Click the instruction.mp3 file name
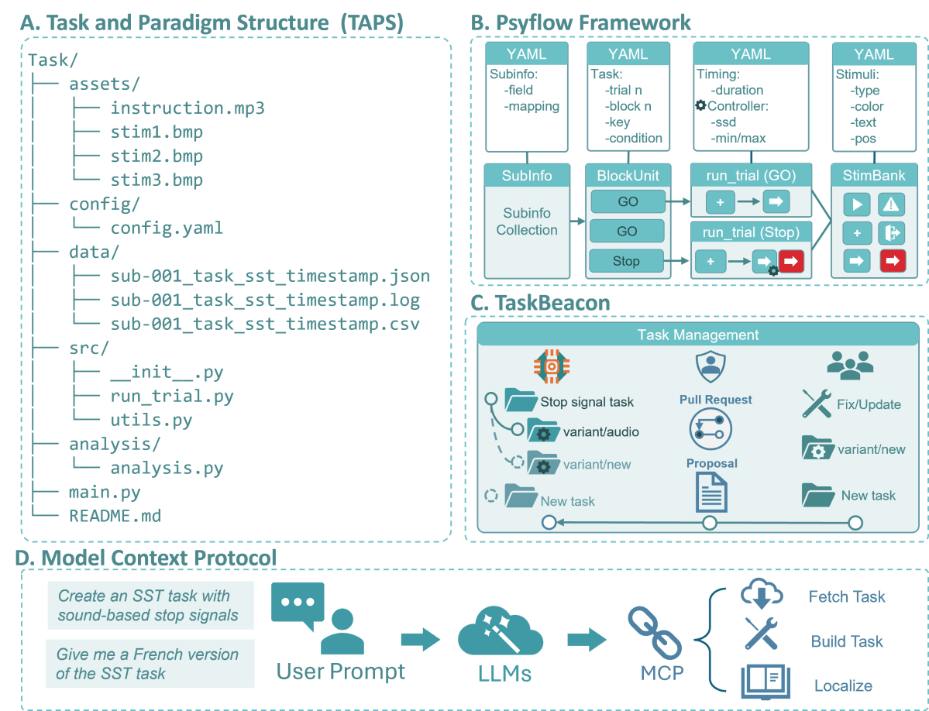point(187,108)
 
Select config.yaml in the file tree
point(167,228)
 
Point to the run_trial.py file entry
point(172,397)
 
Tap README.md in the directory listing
point(115,515)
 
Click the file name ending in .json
point(270,276)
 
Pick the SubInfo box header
point(527,176)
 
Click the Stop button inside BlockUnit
point(626,261)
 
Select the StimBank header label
point(874,176)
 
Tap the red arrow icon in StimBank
point(893,261)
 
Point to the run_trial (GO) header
point(750,176)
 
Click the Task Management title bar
point(697,335)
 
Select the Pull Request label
point(716,400)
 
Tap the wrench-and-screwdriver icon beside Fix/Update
point(817,404)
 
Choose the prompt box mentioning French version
point(150,664)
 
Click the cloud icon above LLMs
point(494,632)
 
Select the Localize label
point(843,685)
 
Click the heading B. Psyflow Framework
point(581,22)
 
